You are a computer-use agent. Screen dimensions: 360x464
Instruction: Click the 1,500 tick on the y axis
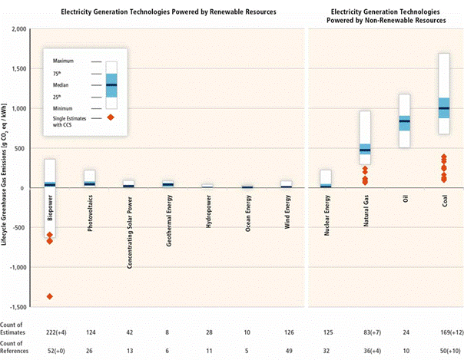point(28,69)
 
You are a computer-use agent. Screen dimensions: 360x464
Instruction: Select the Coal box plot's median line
point(443,108)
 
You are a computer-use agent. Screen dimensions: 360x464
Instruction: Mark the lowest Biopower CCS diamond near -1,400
point(50,296)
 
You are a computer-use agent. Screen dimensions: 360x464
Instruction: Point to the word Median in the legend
point(63,84)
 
